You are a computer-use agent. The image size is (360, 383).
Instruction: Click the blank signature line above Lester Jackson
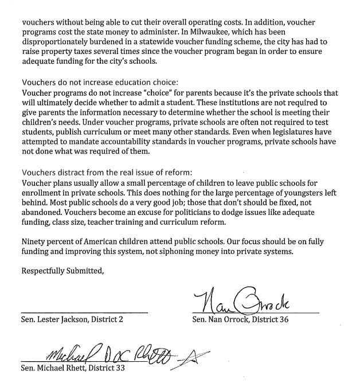pyautogui.click(x=85, y=312)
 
